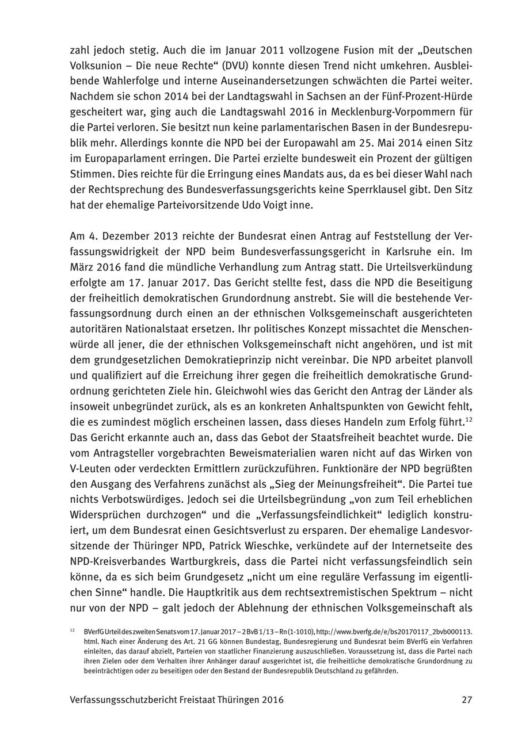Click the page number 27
click(466, 700)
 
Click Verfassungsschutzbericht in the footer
click(137, 700)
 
